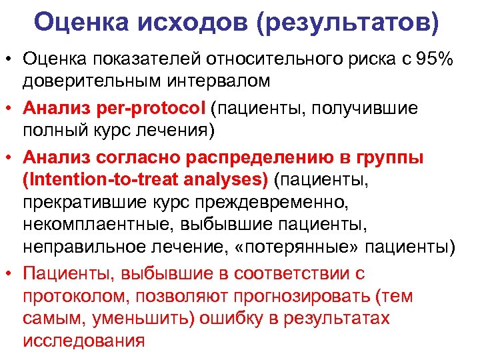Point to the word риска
[x=358, y=59]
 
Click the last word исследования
[x=83, y=341]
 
